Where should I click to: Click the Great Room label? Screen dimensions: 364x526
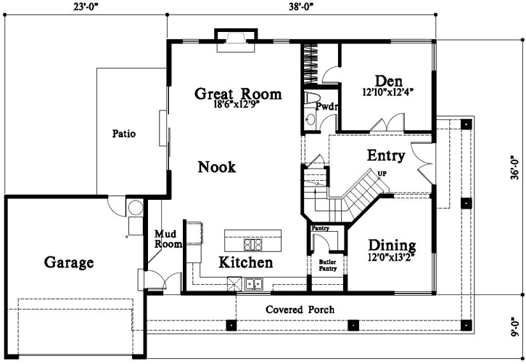tap(238, 93)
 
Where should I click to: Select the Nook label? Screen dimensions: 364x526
tap(217, 167)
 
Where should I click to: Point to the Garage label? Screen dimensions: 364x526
tap(69, 262)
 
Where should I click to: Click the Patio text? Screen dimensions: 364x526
tap(125, 134)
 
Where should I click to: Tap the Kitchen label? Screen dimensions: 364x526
tap(246, 262)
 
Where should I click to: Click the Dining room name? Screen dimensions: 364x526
tap(392, 245)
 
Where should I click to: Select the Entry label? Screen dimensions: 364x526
tap(386, 155)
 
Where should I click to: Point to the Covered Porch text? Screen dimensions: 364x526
tap(300, 310)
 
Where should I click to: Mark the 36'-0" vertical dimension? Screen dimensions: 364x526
tap(516, 166)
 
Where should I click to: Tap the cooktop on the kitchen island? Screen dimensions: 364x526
tap(252, 243)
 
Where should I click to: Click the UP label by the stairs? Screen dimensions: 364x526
tap(382, 173)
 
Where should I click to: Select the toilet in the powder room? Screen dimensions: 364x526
tap(312, 99)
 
